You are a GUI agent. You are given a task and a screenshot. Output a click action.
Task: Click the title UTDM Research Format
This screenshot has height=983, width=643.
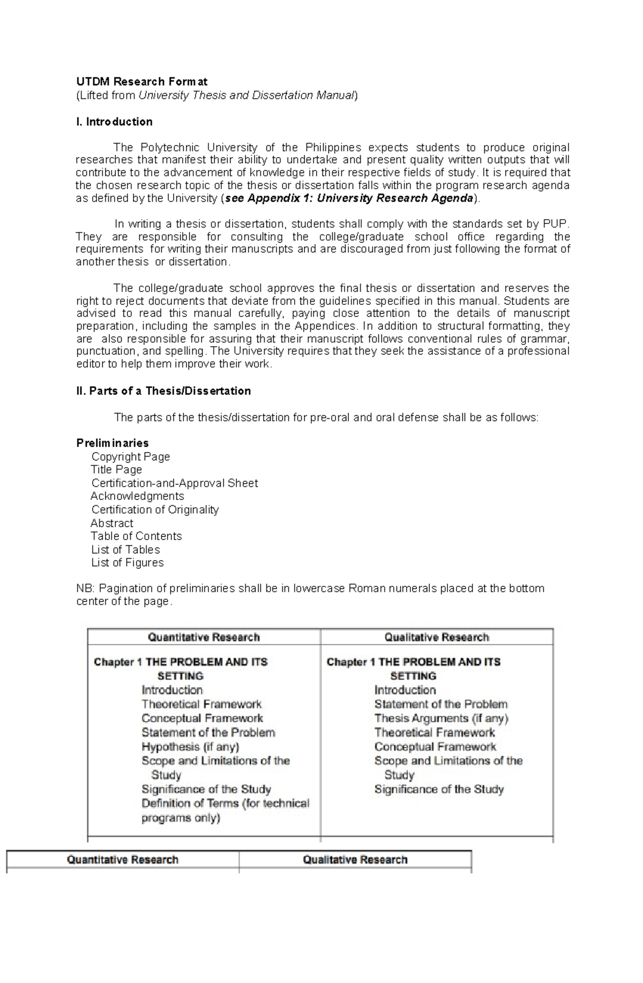click(141, 82)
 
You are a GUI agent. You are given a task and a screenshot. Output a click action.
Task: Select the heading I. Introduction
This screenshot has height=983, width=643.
click(114, 122)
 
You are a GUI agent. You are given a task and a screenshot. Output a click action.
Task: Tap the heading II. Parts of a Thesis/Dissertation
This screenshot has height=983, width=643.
click(163, 391)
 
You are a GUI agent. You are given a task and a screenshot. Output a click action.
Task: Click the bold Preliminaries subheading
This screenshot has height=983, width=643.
click(113, 443)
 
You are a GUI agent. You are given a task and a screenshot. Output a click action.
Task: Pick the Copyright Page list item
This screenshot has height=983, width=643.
click(131, 456)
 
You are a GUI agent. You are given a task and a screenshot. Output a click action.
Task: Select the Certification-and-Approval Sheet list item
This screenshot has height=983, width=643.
click(175, 483)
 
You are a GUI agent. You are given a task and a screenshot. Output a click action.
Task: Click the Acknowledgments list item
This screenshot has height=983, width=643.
click(137, 496)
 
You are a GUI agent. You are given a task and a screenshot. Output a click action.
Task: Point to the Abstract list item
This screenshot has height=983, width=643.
click(112, 523)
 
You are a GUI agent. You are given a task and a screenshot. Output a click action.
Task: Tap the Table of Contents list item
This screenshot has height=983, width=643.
click(137, 536)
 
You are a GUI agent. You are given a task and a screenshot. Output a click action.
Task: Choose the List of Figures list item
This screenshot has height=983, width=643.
click(128, 562)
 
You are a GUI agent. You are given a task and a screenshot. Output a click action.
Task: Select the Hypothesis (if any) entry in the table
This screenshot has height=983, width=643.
click(190, 747)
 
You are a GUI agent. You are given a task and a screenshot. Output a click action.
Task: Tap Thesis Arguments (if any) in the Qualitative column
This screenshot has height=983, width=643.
click(441, 718)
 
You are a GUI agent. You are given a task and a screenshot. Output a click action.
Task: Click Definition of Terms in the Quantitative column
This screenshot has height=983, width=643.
click(190, 804)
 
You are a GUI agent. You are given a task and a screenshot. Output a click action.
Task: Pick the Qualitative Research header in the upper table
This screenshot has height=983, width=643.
click(437, 637)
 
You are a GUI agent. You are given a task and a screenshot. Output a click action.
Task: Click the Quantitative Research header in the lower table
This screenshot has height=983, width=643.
click(123, 860)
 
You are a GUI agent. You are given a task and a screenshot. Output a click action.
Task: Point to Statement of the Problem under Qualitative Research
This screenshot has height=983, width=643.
click(440, 704)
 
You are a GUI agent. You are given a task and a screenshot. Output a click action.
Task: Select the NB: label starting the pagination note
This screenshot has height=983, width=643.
click(85, 589)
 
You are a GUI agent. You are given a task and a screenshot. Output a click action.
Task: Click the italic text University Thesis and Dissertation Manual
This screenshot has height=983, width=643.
click(246, 95)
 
